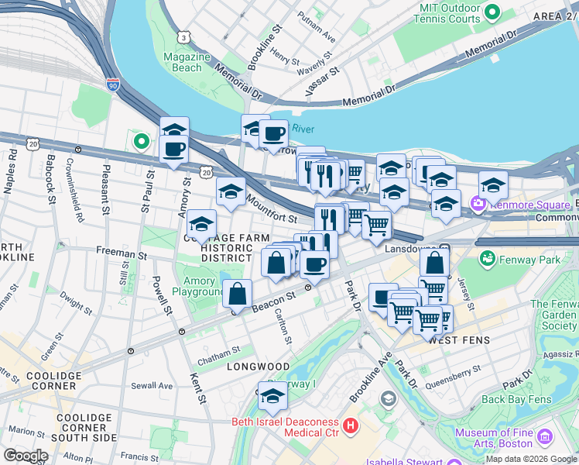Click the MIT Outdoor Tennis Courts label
(x=449, y=12)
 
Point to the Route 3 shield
(x=183, y=36)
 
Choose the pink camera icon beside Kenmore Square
(x=478, y=204)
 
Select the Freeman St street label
(x=121, y=253)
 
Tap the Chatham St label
(x=219, y=352)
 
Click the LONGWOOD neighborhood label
(x=258, y=367)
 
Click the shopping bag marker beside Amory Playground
(x=238, y=294)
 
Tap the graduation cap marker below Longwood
(x=272, y=396)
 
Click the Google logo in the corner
(x=26, y=455)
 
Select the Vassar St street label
(x=323, y=81)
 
